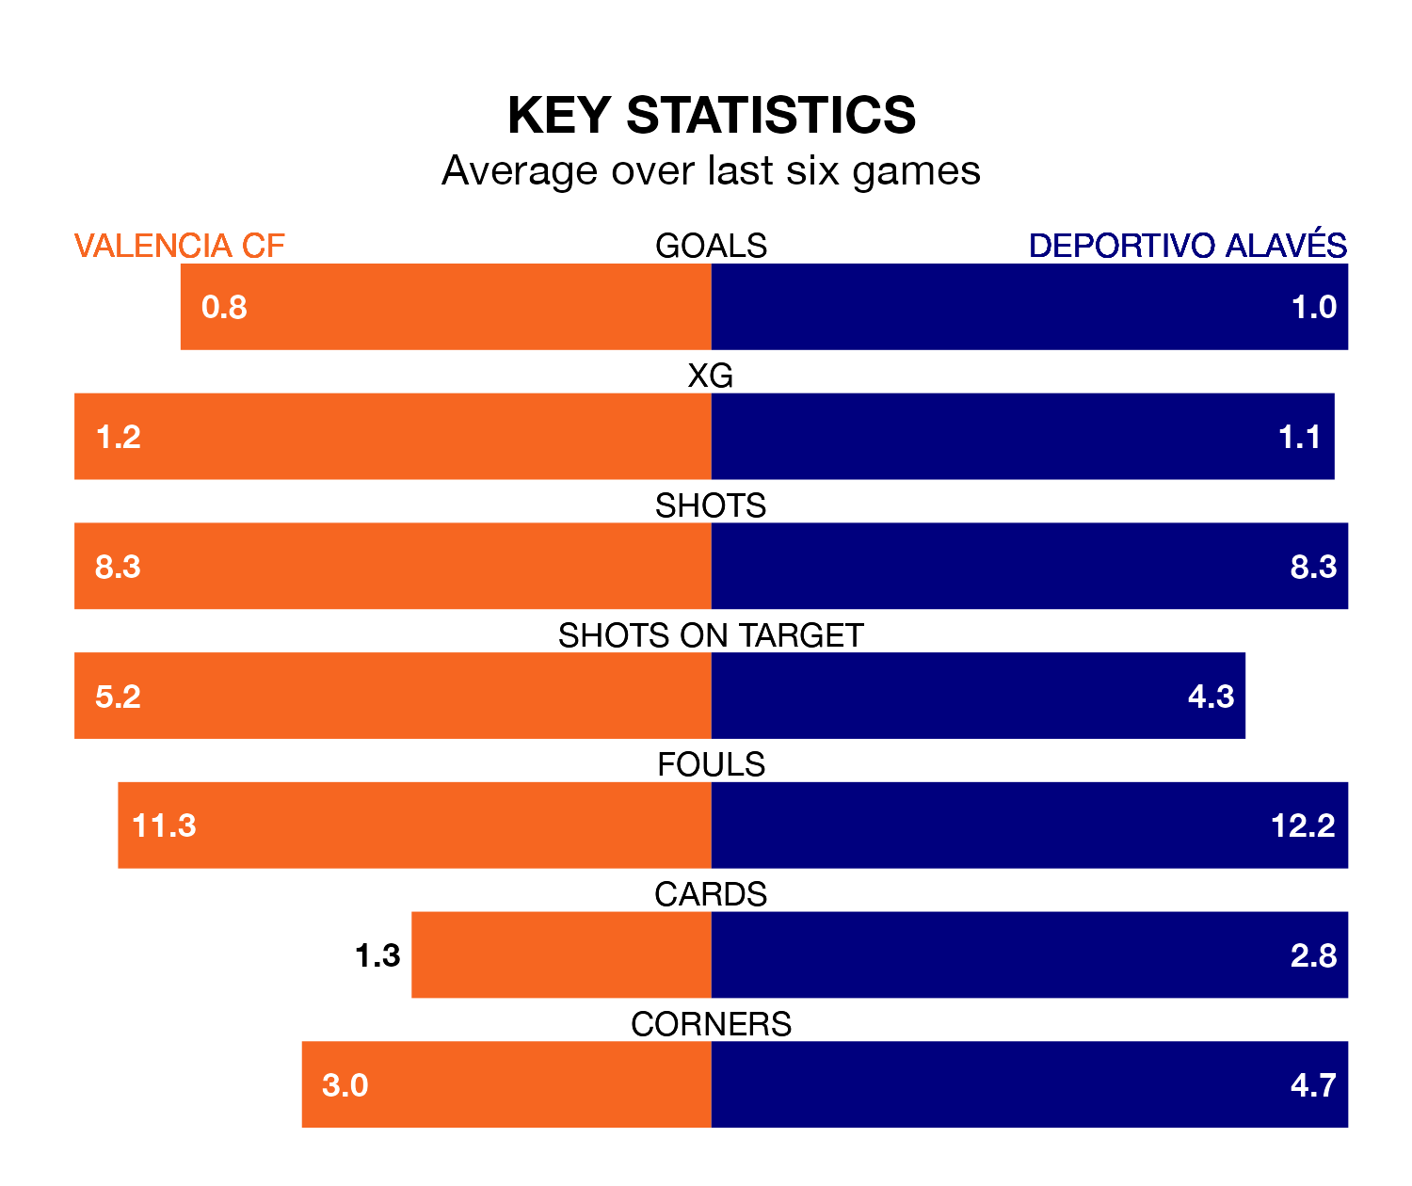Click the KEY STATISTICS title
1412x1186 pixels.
point(711,115)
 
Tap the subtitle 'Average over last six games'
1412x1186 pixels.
point(711,171)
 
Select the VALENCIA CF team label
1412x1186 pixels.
point(179,246)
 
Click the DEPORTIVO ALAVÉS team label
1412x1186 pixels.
point(1187,246)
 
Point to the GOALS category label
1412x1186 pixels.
point(711,246)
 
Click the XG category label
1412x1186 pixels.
point(711,376)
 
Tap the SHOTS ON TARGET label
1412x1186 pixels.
point(711,635)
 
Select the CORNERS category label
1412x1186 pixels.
point(711,1024)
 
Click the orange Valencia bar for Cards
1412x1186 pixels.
point(561,954)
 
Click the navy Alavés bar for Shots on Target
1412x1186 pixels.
point(941,696)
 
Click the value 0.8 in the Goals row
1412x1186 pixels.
point(224,307)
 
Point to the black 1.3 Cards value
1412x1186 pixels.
point(377,955)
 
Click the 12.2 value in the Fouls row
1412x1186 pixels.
point(1303,825)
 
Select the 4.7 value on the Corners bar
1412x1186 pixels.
point(1313,1085)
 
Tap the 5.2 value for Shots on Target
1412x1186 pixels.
point(118,697)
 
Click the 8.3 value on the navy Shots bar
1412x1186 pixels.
point(1313,567)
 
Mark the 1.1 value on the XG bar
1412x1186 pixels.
point(1299,437)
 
